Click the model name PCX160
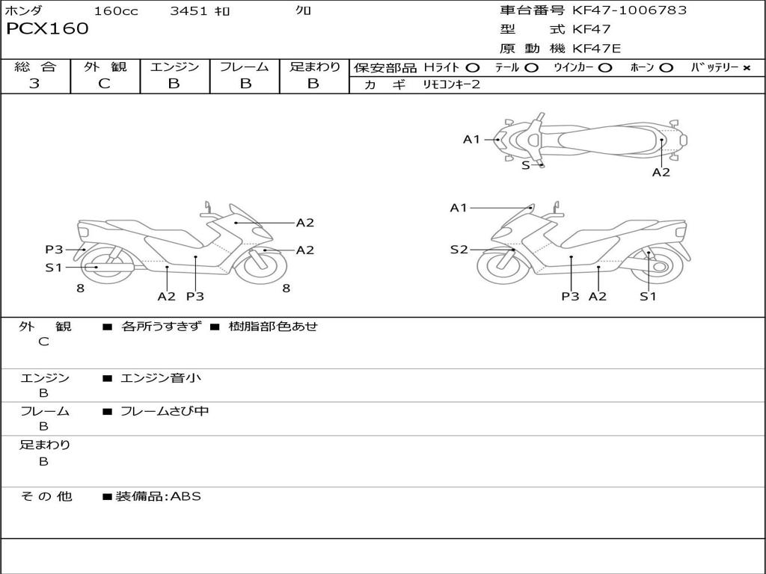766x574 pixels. tap(47, 28)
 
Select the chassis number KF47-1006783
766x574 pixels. tap(629, 10)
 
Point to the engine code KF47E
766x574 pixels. tap(596, 49)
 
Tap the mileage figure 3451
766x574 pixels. tap(189, 10)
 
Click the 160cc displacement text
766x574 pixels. tap(116, 10)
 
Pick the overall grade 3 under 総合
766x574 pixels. tap(34, 84)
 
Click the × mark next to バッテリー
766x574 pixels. tap(747, 68)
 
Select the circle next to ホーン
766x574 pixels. tap(665, 68)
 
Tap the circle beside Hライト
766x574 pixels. tap(472, 68)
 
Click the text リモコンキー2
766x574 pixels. tap(451, 84)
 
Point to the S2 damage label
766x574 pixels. tap(459, 250)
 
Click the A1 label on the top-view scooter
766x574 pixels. tap(471, 140)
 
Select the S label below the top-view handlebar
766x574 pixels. tap(526, 165)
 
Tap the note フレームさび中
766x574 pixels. tap(165, 411)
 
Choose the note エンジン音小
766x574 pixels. tap(161, 377)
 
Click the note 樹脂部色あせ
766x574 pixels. tap(273, 326)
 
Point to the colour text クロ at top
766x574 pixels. tap(303, 10)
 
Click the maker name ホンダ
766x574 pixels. tap(23, 10)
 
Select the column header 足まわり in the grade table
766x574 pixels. tap(315, 67)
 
